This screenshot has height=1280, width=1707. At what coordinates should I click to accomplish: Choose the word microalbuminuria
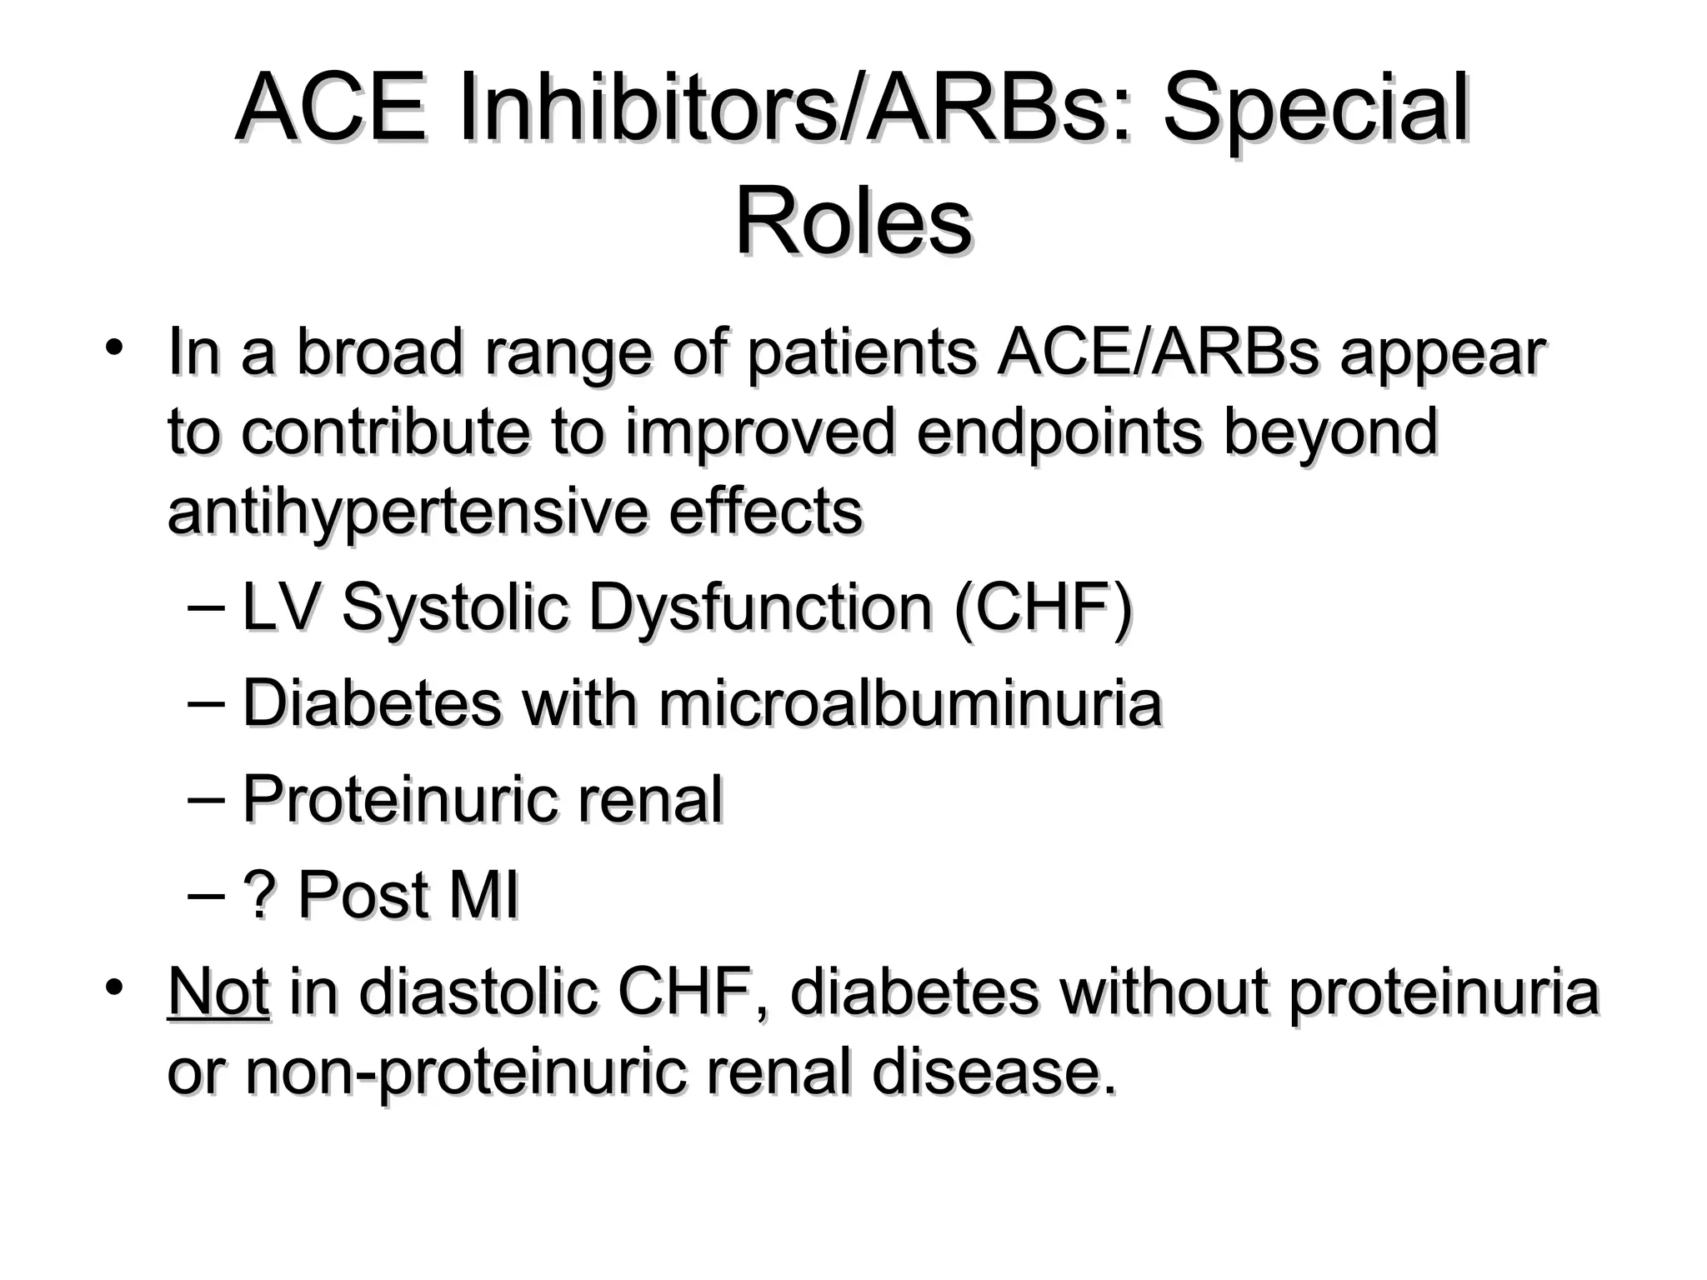[910, 703]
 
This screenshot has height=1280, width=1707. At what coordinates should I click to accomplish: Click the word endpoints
[1059, 432]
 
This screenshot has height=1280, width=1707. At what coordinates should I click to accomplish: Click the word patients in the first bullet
[861, 352]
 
